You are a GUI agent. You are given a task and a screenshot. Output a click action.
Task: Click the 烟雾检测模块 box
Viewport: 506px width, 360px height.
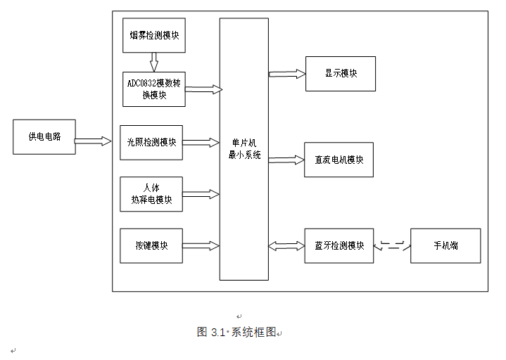[x=154, y=36]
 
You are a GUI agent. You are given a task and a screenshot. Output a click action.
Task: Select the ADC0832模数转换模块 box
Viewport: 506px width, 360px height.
[x=154, y=89]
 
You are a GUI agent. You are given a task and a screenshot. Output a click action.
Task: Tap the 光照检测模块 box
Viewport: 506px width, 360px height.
[x=151, y=142]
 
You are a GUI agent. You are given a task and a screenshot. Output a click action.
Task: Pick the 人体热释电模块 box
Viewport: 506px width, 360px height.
[x=151, y=194]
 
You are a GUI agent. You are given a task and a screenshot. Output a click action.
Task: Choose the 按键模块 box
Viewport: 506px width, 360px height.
[x=151, y=245]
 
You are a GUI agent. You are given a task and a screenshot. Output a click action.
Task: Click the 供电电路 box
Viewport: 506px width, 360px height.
[x=44, y=137]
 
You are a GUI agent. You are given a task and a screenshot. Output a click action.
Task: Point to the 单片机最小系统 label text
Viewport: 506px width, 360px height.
[x=244, y=149]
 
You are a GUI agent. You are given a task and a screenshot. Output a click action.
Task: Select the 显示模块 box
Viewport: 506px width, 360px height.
[x=341, y=73]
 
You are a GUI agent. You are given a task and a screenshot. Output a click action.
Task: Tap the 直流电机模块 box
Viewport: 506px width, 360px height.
[x=339, y=160]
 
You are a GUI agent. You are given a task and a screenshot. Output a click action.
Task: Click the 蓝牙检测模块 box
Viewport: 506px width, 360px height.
[x=339, y=245]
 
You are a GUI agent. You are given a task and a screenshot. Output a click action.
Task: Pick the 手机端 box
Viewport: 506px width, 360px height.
[x=445, y=245]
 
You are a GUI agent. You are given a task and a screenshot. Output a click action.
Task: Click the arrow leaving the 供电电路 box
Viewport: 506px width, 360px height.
[x=93, y=141]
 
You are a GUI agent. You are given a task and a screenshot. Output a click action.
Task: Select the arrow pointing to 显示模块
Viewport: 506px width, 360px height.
[x=286, y=72]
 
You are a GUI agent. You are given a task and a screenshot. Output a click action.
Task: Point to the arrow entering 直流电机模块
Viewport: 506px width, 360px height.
[x=286, y=160]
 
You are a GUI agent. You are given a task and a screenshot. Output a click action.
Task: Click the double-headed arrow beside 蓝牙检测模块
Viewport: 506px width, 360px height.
[x=286, y=245]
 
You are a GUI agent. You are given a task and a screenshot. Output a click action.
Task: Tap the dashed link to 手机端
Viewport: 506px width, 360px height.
[x=392, y=246]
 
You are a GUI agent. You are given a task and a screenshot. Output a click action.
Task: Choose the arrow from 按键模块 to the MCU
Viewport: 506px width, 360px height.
[x=201, y=245]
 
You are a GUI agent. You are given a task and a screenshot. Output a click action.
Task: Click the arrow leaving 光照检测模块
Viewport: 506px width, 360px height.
[x=201, y=142]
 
